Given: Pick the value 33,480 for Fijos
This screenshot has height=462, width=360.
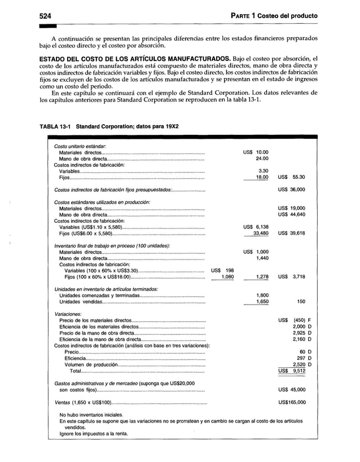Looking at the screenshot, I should coord(260,233).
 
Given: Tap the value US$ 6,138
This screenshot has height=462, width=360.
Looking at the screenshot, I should coord(256,227).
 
